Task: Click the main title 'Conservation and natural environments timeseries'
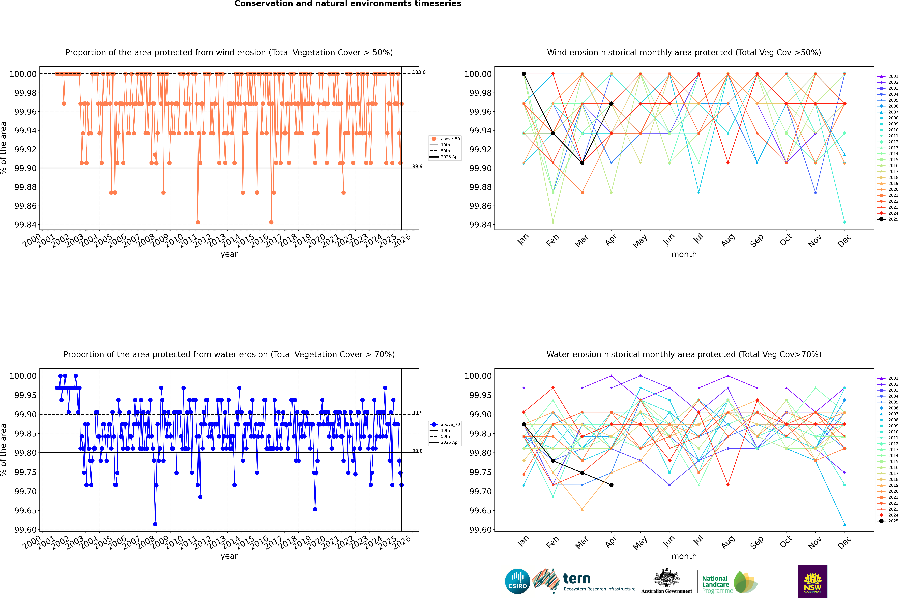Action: tap(348, 4)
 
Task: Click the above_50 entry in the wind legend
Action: tap(450, 139)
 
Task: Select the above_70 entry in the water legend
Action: tap(450, 425)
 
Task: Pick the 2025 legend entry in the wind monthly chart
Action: tap(893, 219)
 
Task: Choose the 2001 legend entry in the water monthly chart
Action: tap(893, 378)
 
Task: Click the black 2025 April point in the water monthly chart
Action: tap(611, 485)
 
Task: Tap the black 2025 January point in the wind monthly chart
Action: tap(524, 74)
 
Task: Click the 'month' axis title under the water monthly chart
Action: tap(684, 556)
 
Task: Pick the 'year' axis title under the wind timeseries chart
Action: tap(229, 254)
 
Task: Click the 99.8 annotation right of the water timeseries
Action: tap(417, 451)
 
